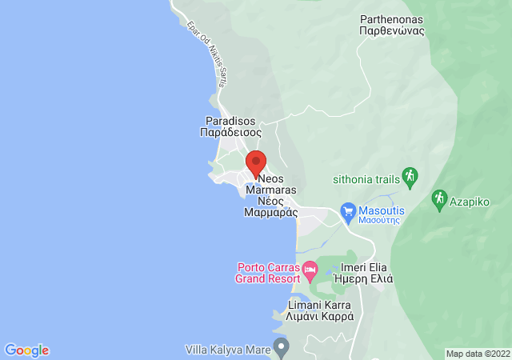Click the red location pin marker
tap(255, 162)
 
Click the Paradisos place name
tap(230, 121)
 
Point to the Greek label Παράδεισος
tap(230, 133)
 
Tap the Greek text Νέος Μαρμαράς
tap(270, 207)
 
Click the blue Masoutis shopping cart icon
tap(347, 212)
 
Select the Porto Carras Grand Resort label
tap(264, 273)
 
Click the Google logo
tap(26, 350)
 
